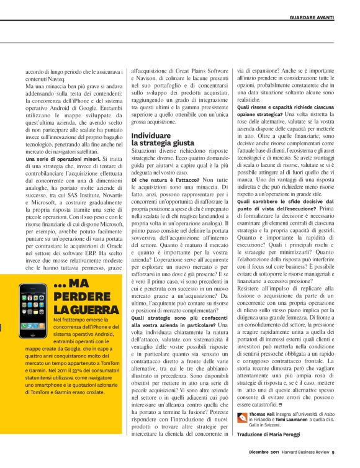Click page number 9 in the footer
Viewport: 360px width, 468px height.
[x=333, y=452]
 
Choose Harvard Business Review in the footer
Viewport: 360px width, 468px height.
[x=302, y=452]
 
